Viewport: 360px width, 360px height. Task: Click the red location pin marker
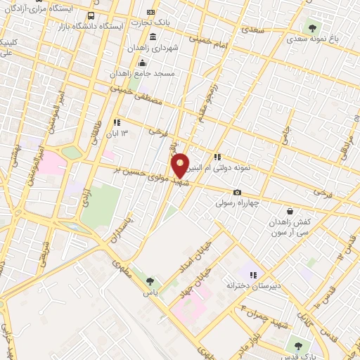(x=181, y=165)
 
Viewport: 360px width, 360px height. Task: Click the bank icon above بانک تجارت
(x=151, y=13)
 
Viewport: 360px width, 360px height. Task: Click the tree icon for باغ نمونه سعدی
(x=311, y=27)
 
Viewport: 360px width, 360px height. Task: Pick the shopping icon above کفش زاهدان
(x=290, y=211)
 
